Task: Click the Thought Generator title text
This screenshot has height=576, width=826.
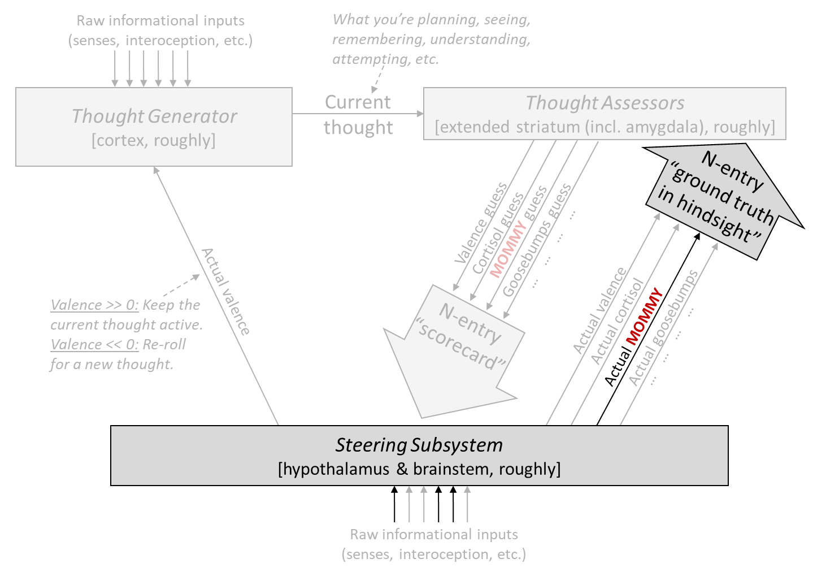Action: (154, 116)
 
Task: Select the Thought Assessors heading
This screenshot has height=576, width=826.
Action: (605, 103)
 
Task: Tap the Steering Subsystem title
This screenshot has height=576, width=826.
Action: (419, 445)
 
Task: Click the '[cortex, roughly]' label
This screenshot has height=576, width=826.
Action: (154, 140)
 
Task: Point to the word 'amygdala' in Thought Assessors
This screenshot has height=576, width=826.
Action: (667, 127)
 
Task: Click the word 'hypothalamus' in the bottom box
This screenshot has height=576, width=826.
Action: (334, 469)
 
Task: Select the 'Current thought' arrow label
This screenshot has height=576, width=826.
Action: (358, 115)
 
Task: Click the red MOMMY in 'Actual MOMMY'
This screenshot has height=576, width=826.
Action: (644, 317)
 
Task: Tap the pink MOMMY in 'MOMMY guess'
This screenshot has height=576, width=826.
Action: (507, 249)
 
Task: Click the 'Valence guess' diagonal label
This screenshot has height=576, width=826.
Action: (481, 223)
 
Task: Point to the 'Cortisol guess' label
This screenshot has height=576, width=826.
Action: (498, 233)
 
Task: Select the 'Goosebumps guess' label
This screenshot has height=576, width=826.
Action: (537, 240)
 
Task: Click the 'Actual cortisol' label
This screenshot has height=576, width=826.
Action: (617, 321)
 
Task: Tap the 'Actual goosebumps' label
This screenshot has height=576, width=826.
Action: (663, 328)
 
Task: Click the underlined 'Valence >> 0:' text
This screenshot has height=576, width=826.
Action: (95, 305)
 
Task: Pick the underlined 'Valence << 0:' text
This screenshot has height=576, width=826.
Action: (95, 345)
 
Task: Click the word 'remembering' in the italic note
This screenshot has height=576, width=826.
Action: (377, 40)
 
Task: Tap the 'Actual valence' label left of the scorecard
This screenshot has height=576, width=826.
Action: (225, 292)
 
